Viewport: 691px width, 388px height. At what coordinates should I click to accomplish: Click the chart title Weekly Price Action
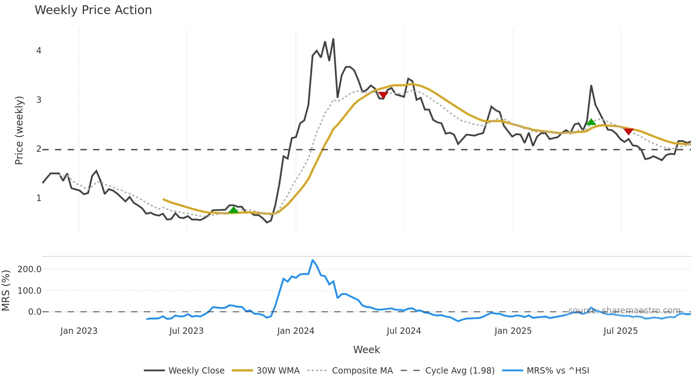[93, 10]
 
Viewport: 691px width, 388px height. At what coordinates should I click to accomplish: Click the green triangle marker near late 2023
[233, 210]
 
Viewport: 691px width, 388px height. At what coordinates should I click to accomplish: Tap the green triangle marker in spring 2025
[591, 122]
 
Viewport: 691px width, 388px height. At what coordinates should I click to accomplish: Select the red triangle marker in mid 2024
[383, 95]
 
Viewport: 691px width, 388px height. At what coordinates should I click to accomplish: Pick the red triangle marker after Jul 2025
[628, 131]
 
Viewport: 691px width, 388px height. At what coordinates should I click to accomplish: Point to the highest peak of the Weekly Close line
[333, 39]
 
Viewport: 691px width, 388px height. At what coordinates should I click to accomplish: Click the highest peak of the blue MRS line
[312, 260]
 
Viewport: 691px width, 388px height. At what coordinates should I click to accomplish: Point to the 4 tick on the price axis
[39, 51]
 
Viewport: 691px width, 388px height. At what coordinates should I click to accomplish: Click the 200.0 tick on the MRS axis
[30, 269]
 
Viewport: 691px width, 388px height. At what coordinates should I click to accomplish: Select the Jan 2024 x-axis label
[295, 331]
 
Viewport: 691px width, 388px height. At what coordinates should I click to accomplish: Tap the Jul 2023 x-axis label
[186, 331]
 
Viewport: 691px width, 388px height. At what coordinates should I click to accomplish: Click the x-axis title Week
[366, 350]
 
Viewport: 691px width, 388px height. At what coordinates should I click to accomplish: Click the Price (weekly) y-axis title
[19, 130]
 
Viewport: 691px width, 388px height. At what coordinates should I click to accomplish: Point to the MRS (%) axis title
[6, 290]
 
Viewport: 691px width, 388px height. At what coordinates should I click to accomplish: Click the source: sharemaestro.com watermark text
[624, 310]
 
